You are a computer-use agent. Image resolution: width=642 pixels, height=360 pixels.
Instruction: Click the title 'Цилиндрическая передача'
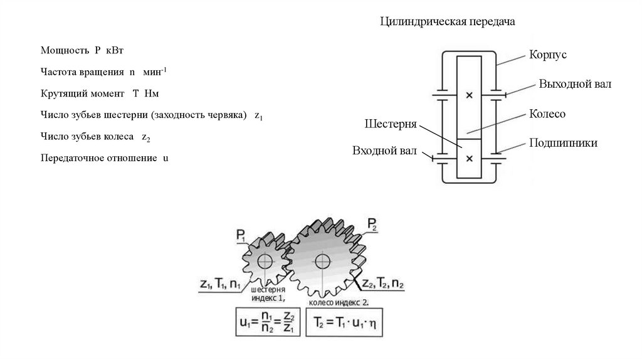(448, 23)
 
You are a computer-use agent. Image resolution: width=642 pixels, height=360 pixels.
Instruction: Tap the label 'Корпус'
(547, 55)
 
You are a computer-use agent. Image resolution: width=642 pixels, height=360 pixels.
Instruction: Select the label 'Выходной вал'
(575, 84)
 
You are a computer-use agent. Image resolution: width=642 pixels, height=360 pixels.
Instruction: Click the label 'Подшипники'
(563, 143)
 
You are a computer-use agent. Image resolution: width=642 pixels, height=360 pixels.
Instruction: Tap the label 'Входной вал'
(382, 151)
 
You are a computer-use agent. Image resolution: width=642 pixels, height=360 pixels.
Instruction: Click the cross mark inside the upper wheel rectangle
(470, 95)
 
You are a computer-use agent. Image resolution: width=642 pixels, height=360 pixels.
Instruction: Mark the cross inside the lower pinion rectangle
(470, 158)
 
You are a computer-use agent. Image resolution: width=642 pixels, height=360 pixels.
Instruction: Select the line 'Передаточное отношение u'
(105, 158)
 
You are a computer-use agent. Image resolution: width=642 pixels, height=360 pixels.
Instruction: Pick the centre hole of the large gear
(323, 259)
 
